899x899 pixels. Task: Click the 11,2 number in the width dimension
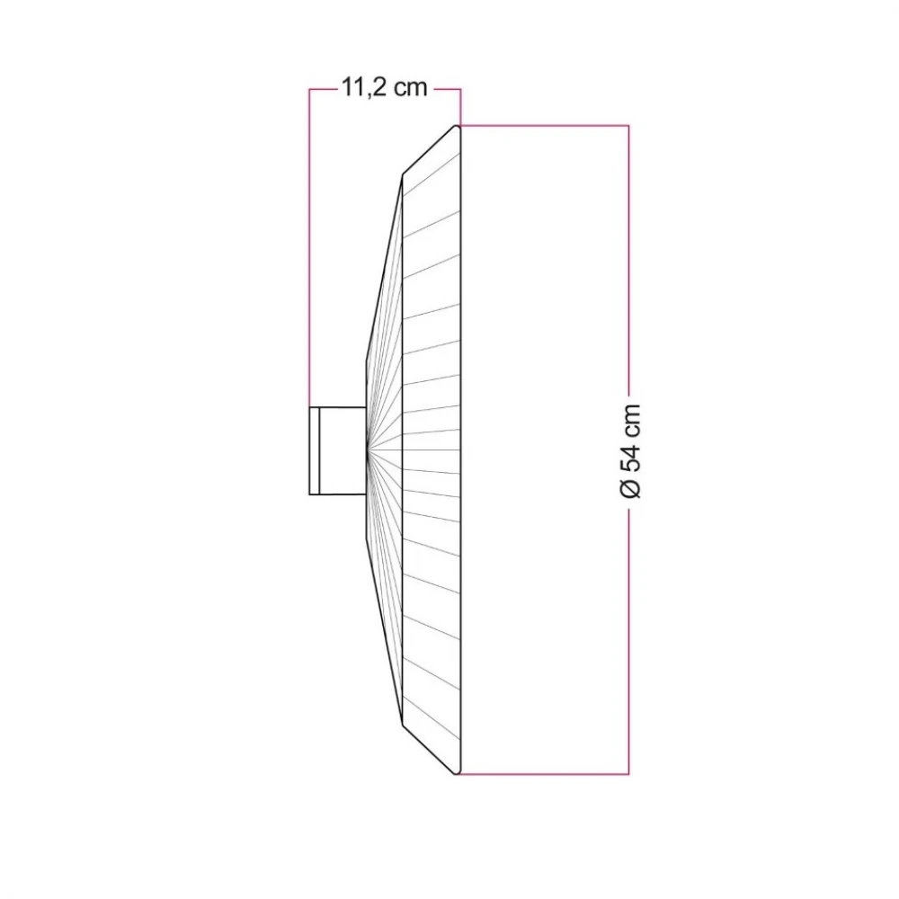tap(363, 88)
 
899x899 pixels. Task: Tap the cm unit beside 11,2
tap(411, 88)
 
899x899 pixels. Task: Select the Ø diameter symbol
tap(631, 489)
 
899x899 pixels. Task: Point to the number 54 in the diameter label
tap(631, 456)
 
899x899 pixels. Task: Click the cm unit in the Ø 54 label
tap(631, 419)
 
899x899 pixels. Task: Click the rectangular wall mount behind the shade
tap(338, 450)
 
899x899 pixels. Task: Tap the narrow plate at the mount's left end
tap(314, 450)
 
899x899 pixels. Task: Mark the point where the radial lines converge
tap(367, 450)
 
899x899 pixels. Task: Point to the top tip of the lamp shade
tap(457, 126)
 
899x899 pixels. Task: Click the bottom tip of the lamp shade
tap(457, 774)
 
